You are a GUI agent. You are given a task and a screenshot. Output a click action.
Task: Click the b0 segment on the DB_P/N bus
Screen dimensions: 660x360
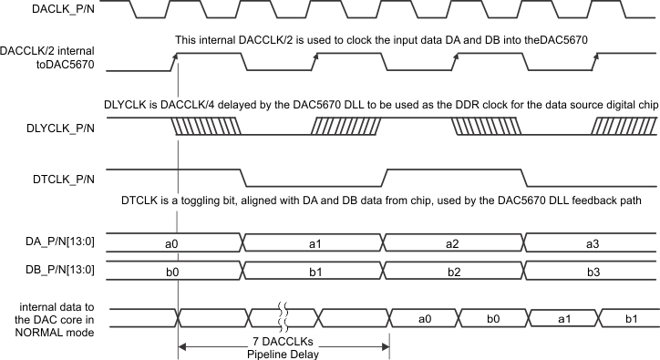[x=170, y=272]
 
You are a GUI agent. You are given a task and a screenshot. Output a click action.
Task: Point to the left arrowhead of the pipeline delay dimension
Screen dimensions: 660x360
[x=182, y=345]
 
